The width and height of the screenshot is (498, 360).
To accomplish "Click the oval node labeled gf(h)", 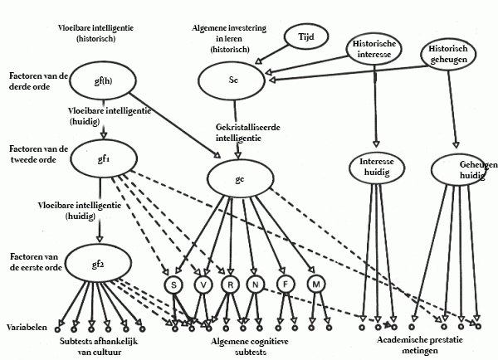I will coord(105,81).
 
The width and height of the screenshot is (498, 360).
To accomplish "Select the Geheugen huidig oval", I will coord(463,170).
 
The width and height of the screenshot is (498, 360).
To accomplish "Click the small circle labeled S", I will coord(173,285).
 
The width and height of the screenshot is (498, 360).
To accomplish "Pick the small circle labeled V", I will coord(202,285).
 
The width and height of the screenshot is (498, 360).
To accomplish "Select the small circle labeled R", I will coord(229,285).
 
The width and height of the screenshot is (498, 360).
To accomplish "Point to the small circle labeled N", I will coord(255,285).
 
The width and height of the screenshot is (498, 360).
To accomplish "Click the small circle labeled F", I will coord(282,285).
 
